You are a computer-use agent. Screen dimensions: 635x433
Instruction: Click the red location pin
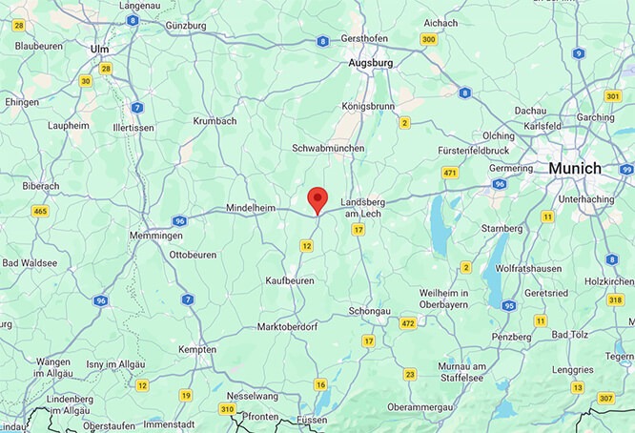tap(317, 200)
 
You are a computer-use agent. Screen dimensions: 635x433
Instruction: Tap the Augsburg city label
tap(371, 62)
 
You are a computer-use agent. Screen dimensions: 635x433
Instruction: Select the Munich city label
tap(574, 168)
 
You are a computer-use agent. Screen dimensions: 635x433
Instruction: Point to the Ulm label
tap(99, 48)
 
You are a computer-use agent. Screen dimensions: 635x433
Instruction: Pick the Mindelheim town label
tap(251, 207)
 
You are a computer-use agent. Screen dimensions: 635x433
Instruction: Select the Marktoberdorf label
tap(294, 327)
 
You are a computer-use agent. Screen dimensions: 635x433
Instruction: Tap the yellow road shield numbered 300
tap(429, 39)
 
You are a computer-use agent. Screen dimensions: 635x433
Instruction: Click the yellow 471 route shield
tap(450, 172)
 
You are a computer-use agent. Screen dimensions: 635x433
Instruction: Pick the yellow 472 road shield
tap(408, 323)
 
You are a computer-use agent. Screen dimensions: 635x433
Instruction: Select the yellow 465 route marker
tap(41, 211)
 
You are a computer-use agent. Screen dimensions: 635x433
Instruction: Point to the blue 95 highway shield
tap(509, 305)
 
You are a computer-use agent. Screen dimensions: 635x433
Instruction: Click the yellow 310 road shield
tap(227, 409)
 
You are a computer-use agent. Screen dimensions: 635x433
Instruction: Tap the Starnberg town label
tap(501, 229)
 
